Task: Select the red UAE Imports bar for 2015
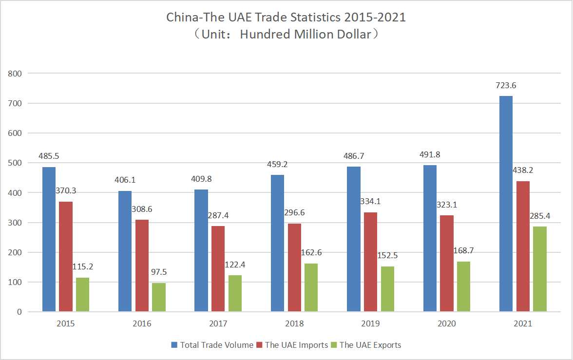coord(66,256)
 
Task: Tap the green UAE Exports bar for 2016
coord(159,297)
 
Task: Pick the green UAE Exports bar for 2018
coord(311,287)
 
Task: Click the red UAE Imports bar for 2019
coord(370,262)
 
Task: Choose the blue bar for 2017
coord(201,250)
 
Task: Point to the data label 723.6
coord(506,85)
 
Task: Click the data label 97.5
coord(159,272)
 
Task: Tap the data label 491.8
coord(430,155)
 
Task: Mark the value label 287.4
coord(218,215)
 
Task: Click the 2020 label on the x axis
coord(447,324)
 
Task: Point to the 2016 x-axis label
coord(142,324)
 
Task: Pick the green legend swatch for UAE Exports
coord(334,345)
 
